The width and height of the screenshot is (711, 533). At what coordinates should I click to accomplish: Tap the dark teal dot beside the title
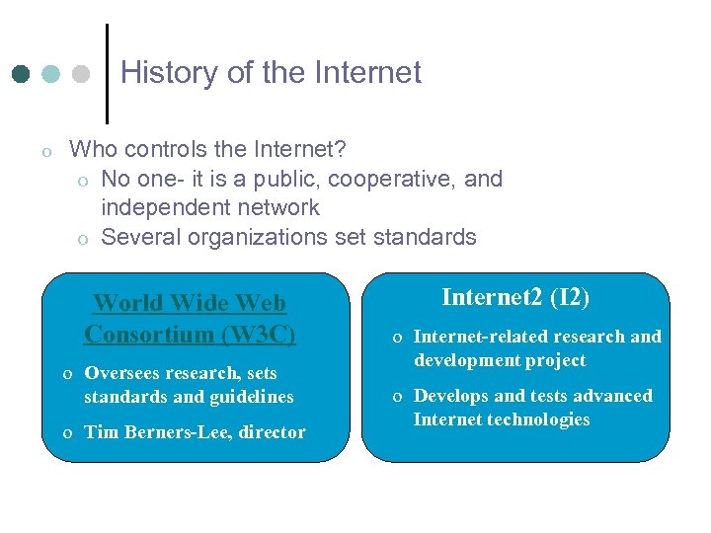point(22,75)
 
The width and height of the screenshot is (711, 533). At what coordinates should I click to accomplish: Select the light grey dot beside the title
point(82,75)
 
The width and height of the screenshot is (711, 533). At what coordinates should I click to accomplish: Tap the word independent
point(161,208)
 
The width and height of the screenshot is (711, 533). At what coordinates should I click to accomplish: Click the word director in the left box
point(274,432)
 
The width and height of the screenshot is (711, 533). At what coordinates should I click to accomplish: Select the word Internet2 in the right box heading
point(492,297)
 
